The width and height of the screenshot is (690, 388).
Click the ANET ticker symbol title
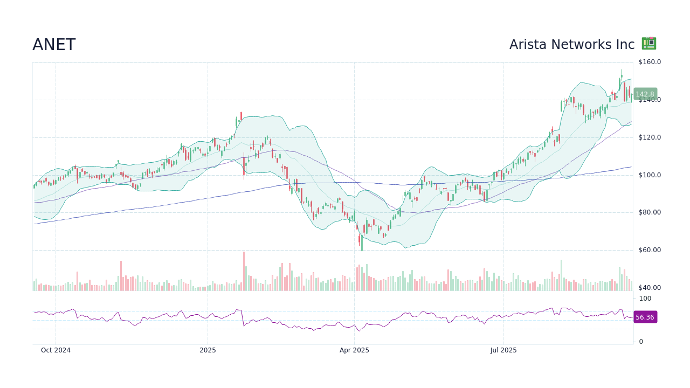coord(54,45)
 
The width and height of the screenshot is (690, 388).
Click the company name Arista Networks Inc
coord(571,45)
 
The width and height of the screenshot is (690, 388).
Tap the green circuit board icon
coord(648,44)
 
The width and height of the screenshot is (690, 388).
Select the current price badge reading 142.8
coord(645,94)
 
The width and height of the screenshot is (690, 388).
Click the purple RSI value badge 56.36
coord(645,317)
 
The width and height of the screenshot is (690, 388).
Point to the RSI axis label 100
coord(645,299)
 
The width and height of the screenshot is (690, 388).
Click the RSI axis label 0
coord(641,342)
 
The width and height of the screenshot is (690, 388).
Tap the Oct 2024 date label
coord(56,350)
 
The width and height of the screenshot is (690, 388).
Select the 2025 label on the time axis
coord(208,350)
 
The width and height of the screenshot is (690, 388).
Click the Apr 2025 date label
coord(354,350)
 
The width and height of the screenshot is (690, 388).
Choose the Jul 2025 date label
coord(503,350)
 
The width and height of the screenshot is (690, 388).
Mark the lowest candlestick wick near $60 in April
coord(362,250)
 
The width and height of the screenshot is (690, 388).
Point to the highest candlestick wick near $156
coord(622,70)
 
